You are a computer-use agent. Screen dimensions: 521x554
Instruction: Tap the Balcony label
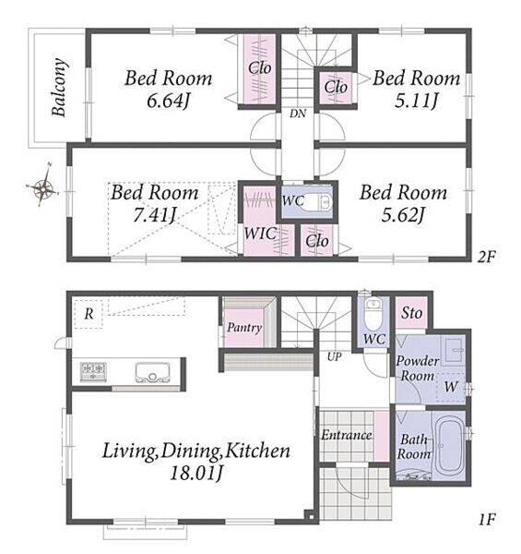[59, 88]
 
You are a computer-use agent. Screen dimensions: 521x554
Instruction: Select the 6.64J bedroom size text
[168, 102]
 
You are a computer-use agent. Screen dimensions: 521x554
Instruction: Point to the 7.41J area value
[154, 214]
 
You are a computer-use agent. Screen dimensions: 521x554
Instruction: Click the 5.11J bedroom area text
[416, 102]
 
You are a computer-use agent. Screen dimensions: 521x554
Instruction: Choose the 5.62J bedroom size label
[403, 214]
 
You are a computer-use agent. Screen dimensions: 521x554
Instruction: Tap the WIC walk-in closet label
[260, 234]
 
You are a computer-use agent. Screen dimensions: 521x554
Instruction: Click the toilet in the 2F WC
[319, 201]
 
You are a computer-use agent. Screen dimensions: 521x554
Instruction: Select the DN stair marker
[298, 114]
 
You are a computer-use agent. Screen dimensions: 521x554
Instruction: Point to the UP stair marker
[334, 356]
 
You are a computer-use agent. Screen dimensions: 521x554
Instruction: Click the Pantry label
[244, 327]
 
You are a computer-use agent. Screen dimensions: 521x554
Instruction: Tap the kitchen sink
[152, 373]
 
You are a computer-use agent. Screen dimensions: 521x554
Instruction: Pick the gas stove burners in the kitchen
[93, 372]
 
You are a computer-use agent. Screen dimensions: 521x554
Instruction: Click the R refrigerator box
[89, 314]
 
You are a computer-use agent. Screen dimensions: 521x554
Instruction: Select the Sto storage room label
[411, 313]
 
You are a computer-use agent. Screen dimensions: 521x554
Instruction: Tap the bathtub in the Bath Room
[450, 446]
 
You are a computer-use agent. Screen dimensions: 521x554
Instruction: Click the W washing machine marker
[450, 387]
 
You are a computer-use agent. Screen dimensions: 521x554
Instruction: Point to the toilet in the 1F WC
[373, 314]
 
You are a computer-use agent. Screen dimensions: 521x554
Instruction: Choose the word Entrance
[347, 435]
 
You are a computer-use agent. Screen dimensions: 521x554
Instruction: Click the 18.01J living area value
[196, 473]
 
